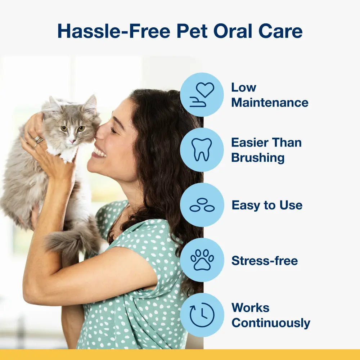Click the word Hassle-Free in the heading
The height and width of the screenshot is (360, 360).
coord(114,31)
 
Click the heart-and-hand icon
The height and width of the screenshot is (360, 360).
coord(202,95)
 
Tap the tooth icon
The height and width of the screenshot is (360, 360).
coord(202,150)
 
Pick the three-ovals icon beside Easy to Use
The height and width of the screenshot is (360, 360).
coord(202,205)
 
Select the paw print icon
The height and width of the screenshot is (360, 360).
coord(202,260)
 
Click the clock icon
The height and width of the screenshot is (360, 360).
coord(202,315)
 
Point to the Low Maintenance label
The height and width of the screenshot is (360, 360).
coord(269,95)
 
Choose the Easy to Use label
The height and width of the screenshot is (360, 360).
coord(267,205)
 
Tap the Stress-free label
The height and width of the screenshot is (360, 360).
coord(265,260)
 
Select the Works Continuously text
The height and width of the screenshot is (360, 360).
coord(270,315)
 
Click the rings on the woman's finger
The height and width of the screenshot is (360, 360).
coord(38,141)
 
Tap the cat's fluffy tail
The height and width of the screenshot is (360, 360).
coord(68,239)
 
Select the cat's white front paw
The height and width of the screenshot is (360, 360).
coord(68,155)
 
